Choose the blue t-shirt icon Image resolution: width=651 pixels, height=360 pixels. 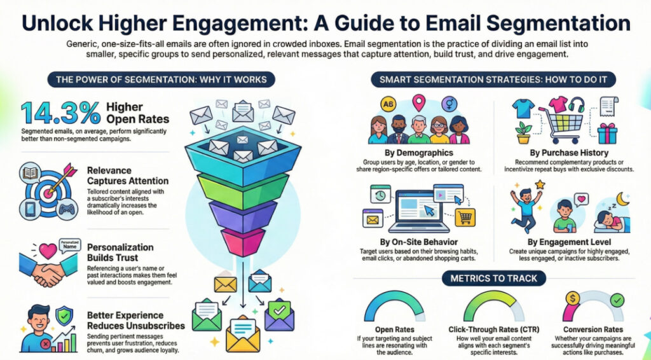pyautogui.click(x=523, y=109)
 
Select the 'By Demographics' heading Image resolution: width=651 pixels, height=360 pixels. pyautogui.click(x=419, y=153)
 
